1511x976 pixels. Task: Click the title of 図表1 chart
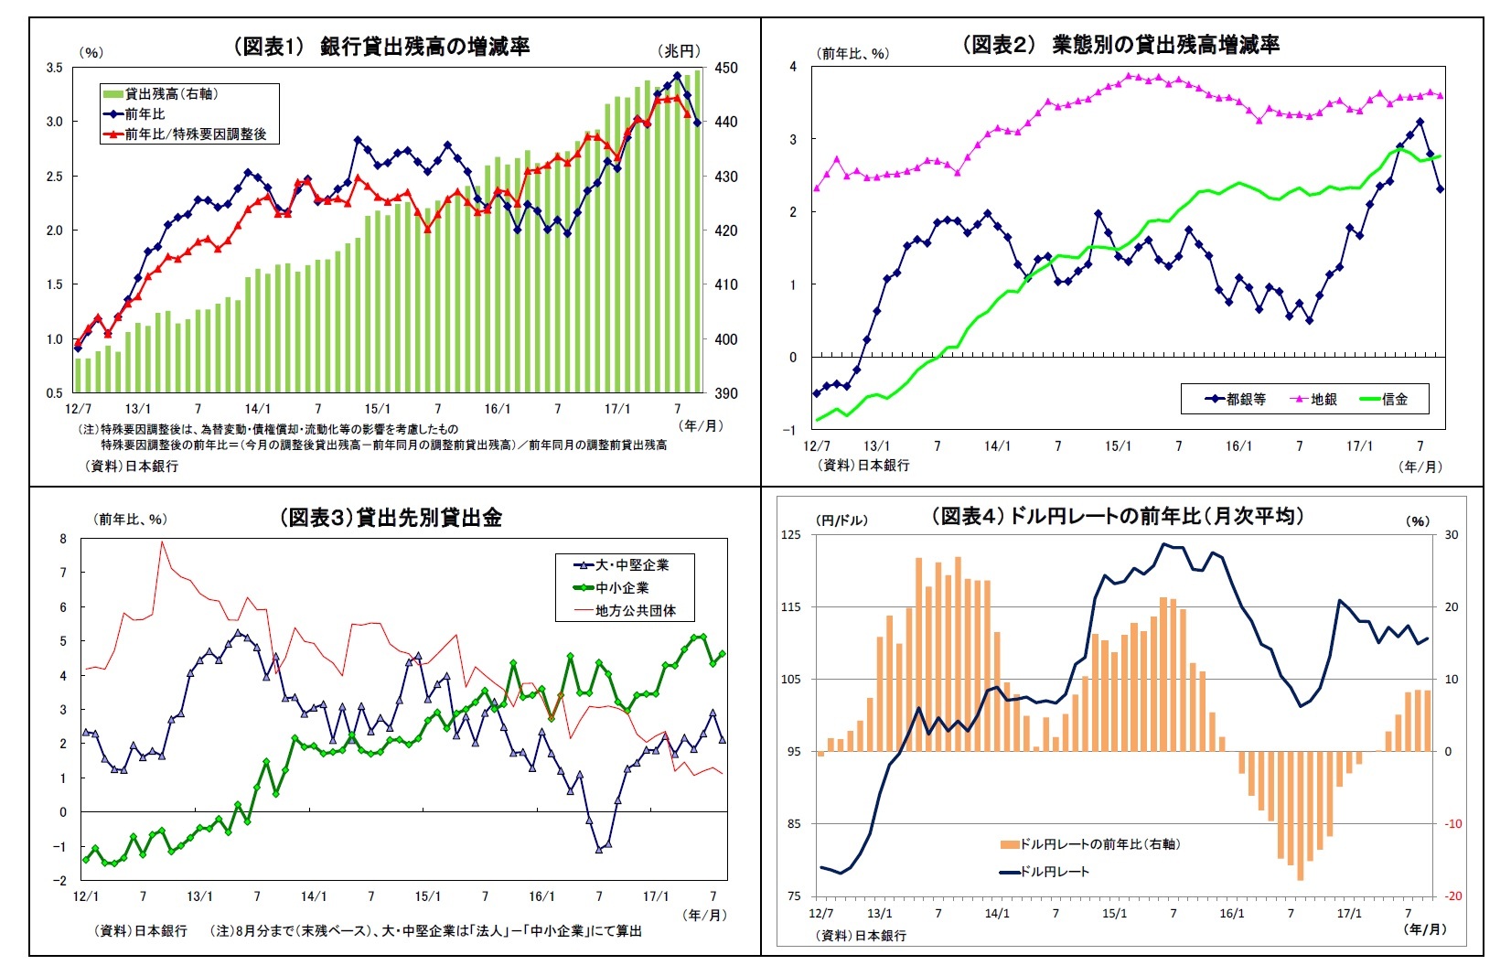pos(381,47)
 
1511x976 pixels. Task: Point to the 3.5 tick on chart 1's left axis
pos(54,68)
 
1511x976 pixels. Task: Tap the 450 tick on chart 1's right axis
pos(726,68)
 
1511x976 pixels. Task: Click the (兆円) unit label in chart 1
pos(679,51)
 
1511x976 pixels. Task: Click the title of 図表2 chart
pos(1120,45)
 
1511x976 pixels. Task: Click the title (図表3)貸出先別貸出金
pos(391,518)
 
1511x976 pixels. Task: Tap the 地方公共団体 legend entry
pos(635,611)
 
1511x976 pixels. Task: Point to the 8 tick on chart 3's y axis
pos(63,539)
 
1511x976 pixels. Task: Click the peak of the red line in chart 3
pos(162,542)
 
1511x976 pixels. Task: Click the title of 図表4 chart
pos(1117,517)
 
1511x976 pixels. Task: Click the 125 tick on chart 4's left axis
pos(791,535)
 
